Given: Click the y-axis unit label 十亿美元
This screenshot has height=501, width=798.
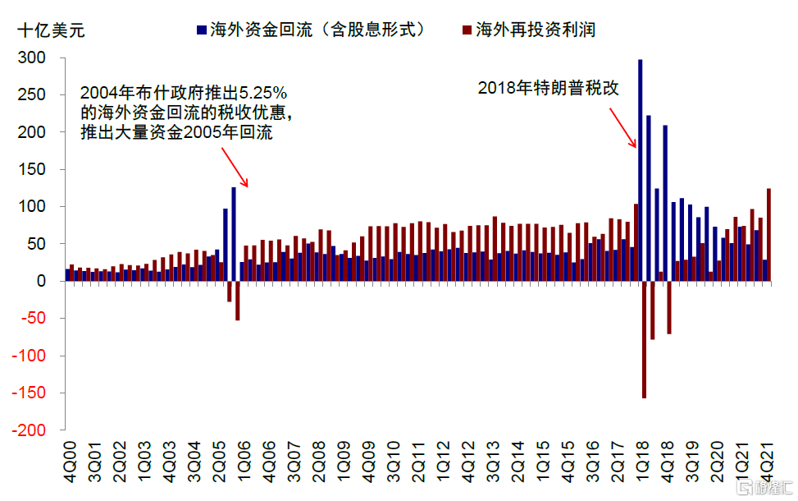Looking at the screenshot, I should coord(51,32).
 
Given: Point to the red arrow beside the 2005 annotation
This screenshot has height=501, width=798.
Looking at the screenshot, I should coord(237,168).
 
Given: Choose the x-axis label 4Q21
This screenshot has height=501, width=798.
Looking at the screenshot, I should coord(768,462).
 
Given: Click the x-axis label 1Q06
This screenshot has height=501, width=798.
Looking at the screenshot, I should coord(244,462).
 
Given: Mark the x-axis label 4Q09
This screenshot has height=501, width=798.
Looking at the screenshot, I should coord(368,462).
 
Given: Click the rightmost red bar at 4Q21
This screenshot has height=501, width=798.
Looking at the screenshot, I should coord(768,235).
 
